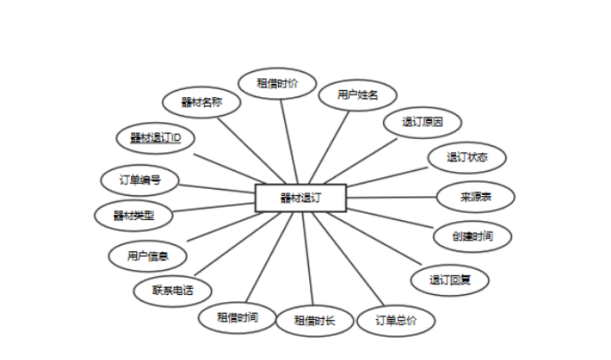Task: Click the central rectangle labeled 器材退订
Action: [299, 198]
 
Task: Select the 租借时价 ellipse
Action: [277, 83]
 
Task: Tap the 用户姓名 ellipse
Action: [358, 94]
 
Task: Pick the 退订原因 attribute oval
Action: [422, 122]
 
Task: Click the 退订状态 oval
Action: [466, 157]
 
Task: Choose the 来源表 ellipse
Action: [476, 197]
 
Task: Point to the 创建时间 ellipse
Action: [473, 236]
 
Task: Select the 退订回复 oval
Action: [449, 279]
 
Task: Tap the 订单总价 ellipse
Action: [395, 319]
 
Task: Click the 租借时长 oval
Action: [314, 320]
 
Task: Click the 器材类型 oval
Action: [134, 215]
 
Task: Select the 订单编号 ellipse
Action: [141, 179]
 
